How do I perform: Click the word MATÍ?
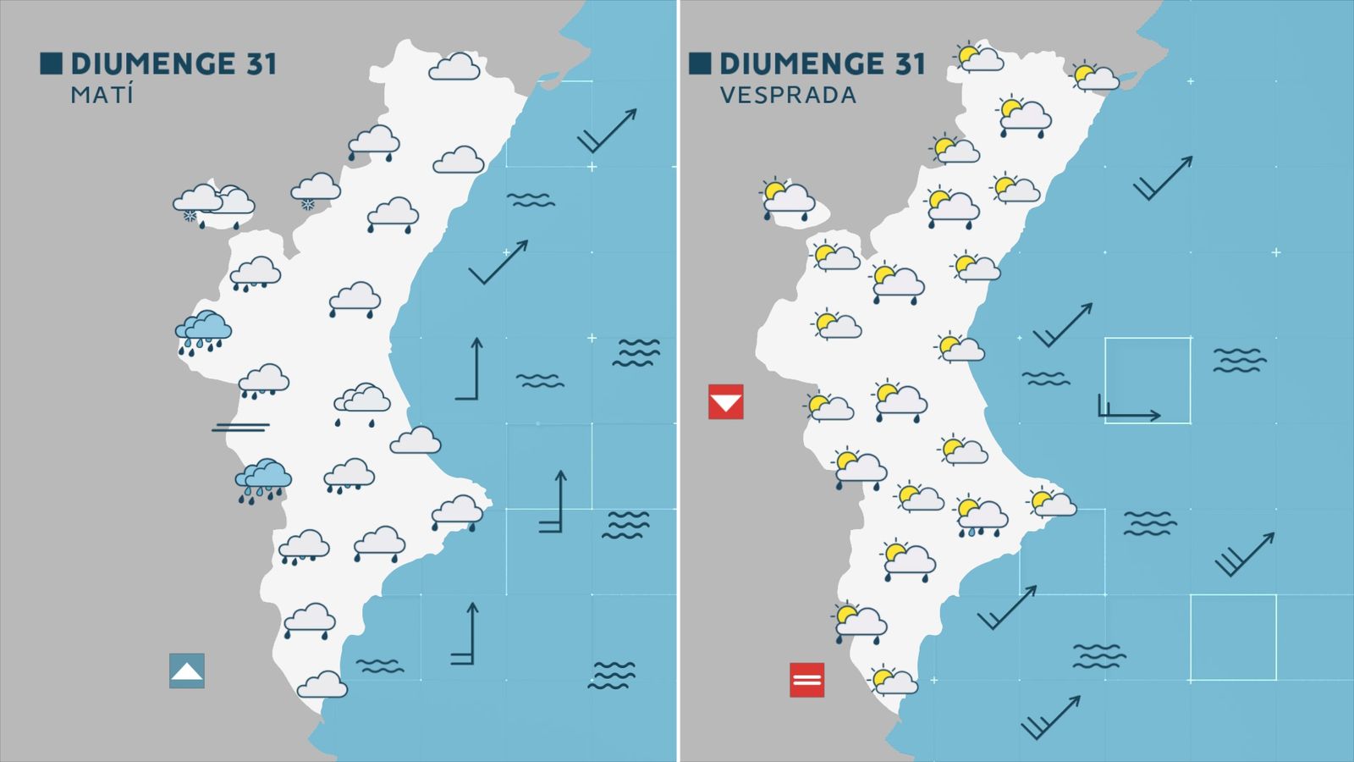click(102, 94)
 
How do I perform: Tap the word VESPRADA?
click(788, 95)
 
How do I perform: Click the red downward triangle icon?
click(725, 402)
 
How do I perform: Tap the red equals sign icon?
click(806, 680)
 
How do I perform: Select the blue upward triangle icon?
click(186, 671)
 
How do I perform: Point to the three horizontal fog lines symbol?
click(240, 427)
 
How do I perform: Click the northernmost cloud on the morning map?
click(454, 67)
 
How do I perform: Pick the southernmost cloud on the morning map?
click(322, 684)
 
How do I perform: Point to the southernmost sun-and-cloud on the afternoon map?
click(893, 680)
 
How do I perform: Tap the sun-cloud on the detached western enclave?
click(787, 199)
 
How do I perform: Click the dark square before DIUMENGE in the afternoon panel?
click(700, 63)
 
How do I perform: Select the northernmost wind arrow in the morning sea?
click(607, 130)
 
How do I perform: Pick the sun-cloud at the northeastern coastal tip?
click(1095, 77)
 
